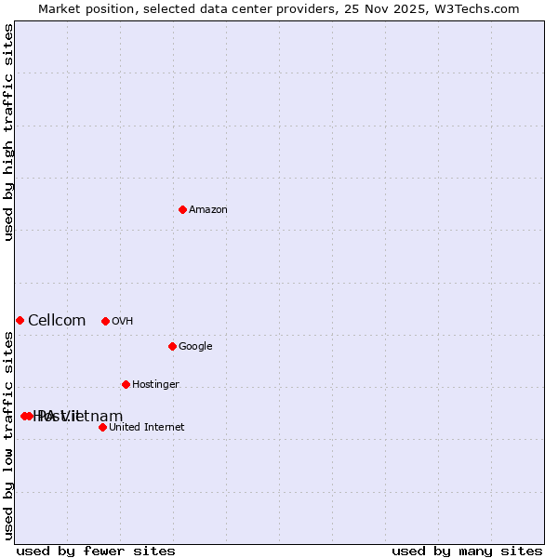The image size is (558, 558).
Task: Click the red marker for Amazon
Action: point(182,209)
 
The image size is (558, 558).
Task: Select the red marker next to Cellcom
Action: point(20,320)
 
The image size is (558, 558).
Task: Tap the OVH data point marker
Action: point(105,321)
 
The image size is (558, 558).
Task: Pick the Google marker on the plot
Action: point(172,346)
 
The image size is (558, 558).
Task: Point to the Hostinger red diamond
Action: point(126,384)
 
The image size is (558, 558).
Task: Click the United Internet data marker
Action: point(102,427)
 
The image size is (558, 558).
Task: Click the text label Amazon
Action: point(208,210)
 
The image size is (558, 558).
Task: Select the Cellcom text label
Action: point(57,321)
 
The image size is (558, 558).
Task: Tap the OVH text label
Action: point(123,322)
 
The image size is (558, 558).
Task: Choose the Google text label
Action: point(195,347)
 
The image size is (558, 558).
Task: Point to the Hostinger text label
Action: point(155,385)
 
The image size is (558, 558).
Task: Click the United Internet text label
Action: point(147,428)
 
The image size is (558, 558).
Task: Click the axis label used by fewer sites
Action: point(96,551)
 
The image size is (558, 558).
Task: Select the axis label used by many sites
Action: point(467,551)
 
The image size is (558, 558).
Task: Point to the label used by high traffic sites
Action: point(9,132)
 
